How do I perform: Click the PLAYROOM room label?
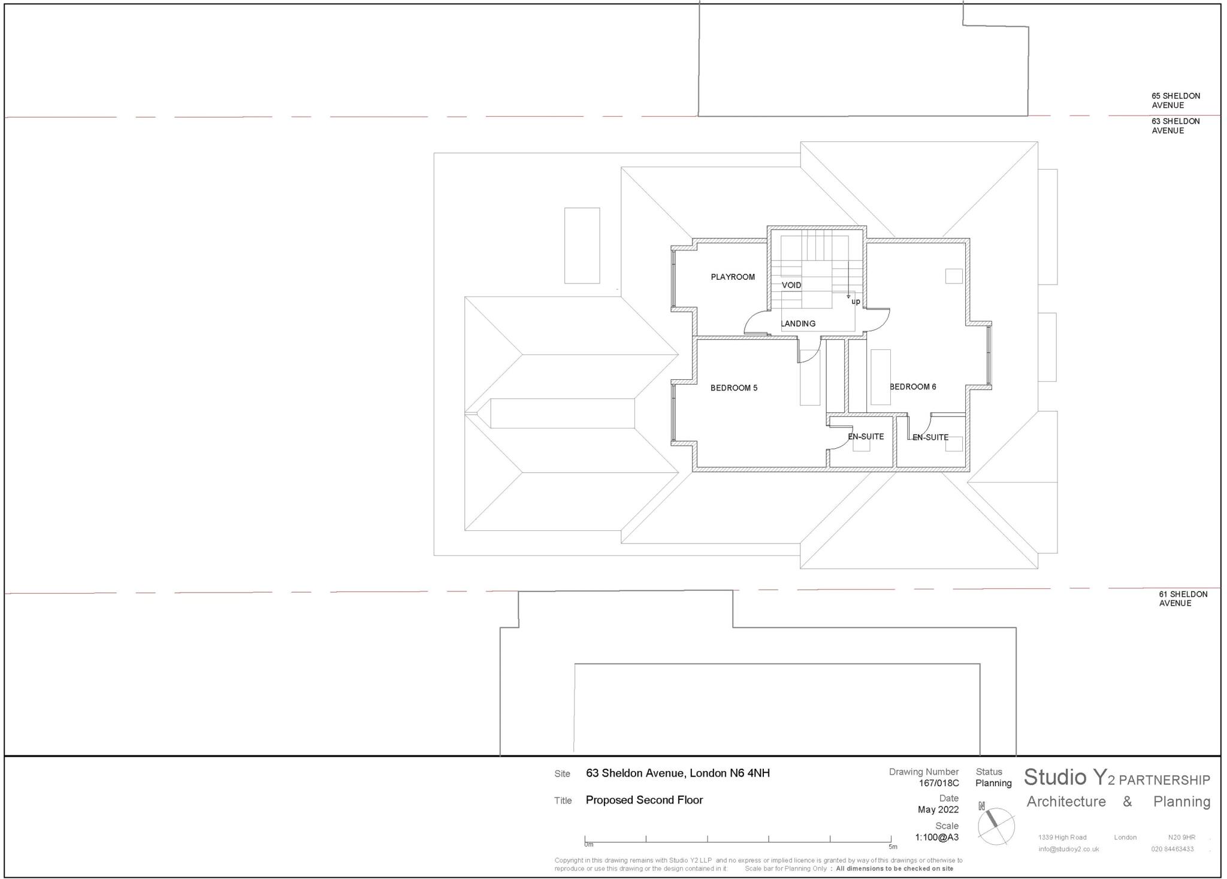click(732, 277)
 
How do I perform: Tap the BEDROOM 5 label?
click(733, 388)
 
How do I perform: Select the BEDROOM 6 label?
click(912, 386)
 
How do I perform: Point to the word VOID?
click(791, 285)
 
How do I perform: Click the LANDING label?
click(798, 324)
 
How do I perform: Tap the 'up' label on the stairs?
click(856, 301)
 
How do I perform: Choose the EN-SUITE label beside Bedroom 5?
click(866, 436)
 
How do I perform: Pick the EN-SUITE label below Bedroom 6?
click(930, 437)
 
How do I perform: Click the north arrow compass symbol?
click(996, 826)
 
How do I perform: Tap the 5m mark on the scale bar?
click(892, 847)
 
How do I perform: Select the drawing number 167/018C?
click(939, 783)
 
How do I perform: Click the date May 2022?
click(938, 809)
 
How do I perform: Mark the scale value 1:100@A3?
click(936, 837)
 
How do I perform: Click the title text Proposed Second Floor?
click(644, 800)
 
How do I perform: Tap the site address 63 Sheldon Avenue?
click(678, 773)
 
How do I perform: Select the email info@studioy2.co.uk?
click(1068, 849)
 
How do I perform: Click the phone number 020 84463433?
click(1172, 849)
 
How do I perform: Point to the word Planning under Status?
click(993, 783)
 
